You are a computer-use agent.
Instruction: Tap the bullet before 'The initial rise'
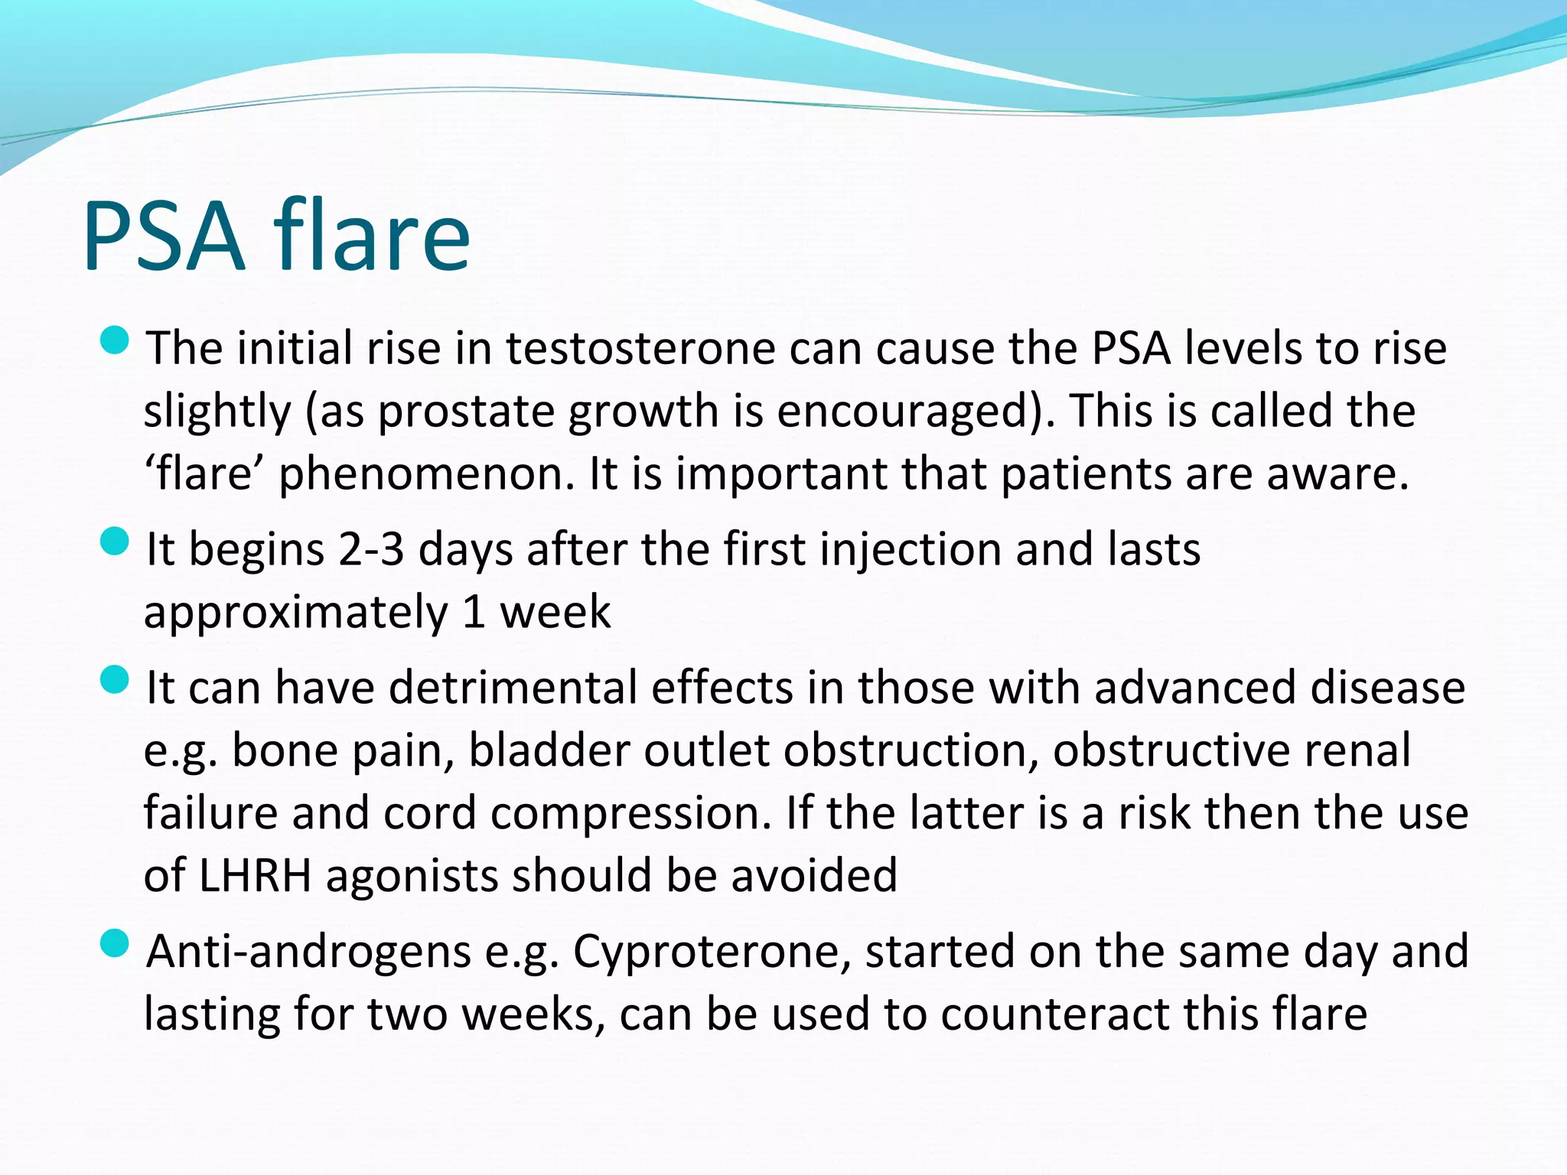click(x=115, y=340)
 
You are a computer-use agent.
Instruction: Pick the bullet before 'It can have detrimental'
click(x=115, y=679)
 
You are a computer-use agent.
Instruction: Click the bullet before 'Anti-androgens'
click(x=115, y=943)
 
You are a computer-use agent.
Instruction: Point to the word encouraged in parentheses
click(x=904, y=412)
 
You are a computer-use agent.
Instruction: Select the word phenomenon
click(x=426, y=474)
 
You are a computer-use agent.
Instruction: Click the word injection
click(x=911, y=551)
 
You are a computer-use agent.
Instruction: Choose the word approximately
click(x=295, y=614)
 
